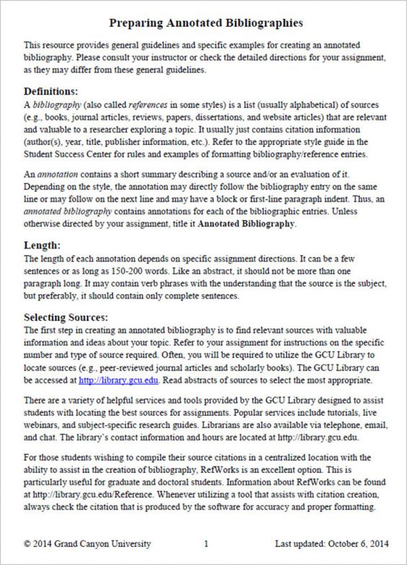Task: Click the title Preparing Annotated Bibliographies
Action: coord(203,22)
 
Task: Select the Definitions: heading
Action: coord(50,92)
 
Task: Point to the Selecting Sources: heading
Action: coord(66,316)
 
